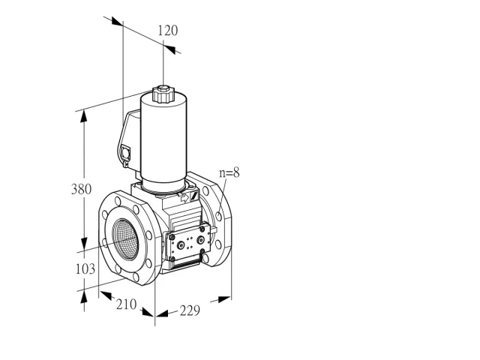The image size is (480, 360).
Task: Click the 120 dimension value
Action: click(x=168, y=31)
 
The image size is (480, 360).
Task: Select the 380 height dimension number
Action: click(x=82, y=189)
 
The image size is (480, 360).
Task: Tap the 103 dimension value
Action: click(x=85, y=268)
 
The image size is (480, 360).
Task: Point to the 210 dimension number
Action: click(x=126, y=304)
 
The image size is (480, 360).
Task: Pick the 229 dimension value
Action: click(x=190, y=310)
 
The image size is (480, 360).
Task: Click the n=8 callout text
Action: click(x=229, y=172)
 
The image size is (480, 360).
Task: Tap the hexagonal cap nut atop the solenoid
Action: click(x=163, y=94)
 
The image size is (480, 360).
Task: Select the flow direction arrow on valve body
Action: click(x=184, y=198)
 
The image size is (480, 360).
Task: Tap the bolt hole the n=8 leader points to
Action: click(x=219, y=216)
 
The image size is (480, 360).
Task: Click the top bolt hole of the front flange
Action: click(x=118, y=201)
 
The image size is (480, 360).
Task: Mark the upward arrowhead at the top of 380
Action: click(x=83, y=116)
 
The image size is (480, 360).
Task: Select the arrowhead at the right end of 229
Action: click(x=224, y=299)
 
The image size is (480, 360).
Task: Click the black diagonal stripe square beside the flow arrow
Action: click(x=193, y=195)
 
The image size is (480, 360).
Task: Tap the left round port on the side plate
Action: click(x=181, y=245)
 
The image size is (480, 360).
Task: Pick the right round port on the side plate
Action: click(x=200, y=240)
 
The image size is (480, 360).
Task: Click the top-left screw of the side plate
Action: click(x=172, y=237)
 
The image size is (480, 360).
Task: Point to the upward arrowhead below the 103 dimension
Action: click(x=83, y=297)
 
